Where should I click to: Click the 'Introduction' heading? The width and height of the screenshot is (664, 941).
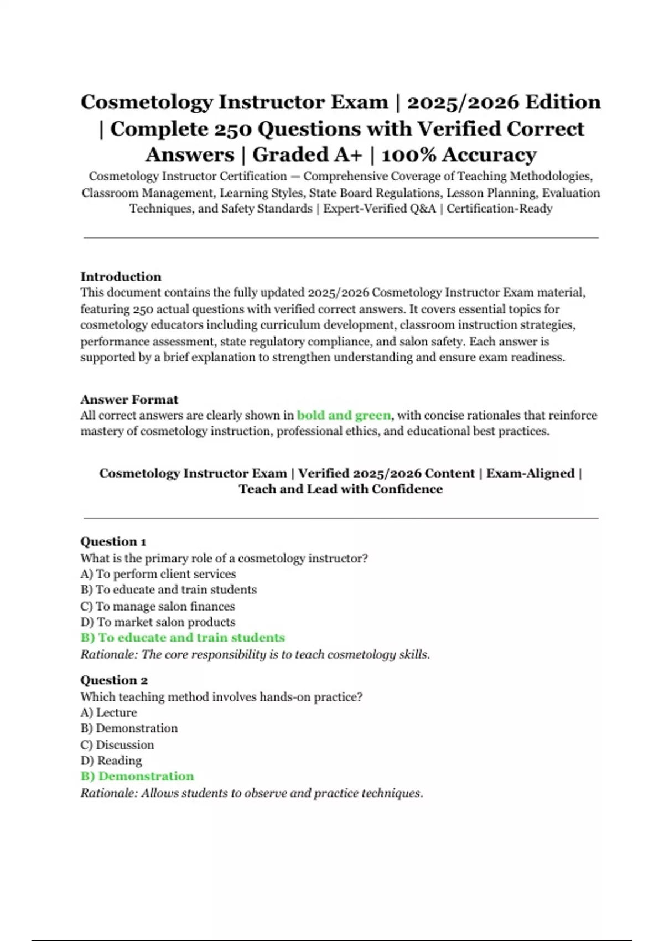[x=121, y=277]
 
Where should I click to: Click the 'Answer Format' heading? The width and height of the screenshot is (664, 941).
[x=129, y=400]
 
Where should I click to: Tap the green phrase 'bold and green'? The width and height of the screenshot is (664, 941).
[x=344, y=415]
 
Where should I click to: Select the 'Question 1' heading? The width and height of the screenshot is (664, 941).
[x=113, y=542]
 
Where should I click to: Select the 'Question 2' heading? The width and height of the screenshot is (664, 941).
[x=113, y=680]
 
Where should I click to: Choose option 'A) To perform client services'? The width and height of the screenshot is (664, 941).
[x=158, y=574]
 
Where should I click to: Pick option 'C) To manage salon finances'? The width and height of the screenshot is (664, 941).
[x=158, y=606]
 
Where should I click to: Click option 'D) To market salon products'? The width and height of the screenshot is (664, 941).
[x=158, y=622]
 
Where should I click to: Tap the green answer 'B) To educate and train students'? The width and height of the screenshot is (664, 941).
[x=183, y=638]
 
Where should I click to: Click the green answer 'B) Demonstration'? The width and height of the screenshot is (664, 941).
[x=137, y=776]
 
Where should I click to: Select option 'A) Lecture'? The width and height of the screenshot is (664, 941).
[x=108, y=712]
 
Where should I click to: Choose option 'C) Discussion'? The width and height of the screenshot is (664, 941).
[x=117, y=744]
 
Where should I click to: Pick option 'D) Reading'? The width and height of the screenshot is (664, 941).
[x=111, y=761]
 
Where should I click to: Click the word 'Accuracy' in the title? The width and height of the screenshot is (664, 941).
[x=489, y=154]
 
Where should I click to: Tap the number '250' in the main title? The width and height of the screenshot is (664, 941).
[x=232, y=129]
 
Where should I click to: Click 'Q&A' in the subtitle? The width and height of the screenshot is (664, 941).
[x=421, y=209]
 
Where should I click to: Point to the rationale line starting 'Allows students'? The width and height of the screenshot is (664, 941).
[x=252, y=793]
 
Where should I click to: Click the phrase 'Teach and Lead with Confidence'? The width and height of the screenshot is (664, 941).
[x=341, y=489]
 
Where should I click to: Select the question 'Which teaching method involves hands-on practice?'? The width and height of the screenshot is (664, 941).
[x=221, y=697]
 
